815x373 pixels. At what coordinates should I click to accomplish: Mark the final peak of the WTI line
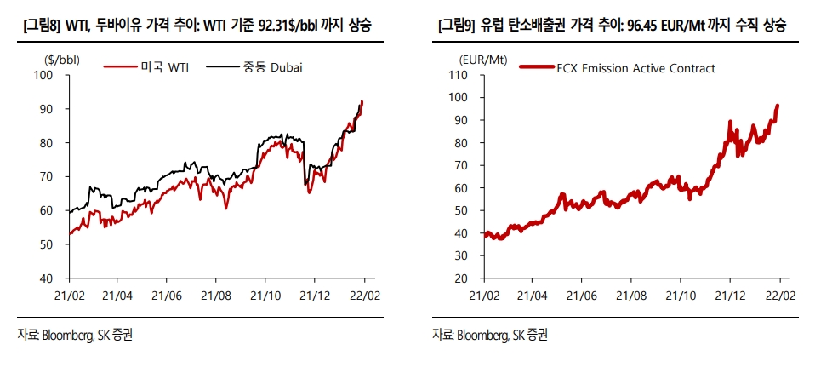point(362,101)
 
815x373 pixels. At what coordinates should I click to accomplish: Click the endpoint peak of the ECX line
point(778,106)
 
